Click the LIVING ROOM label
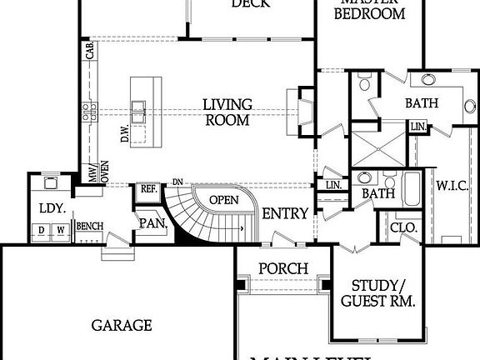click(x=227, y=112)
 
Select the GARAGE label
click(x=122, y=325)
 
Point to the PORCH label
click(x=282, y=269)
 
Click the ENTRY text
click(x=285, y=214)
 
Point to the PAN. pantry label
click(x=154, y=223)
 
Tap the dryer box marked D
click(x=41, y=231)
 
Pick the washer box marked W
click(x=60, y=231)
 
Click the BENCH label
click(x=89, y=226)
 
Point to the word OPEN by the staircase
click(x=223, y=200)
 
